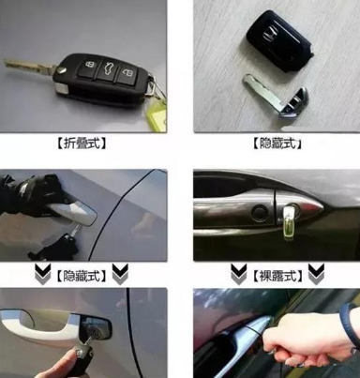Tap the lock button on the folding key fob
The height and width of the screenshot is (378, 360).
click(x=91, y=65)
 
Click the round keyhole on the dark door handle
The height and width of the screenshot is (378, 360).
click(x=260, y=213)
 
